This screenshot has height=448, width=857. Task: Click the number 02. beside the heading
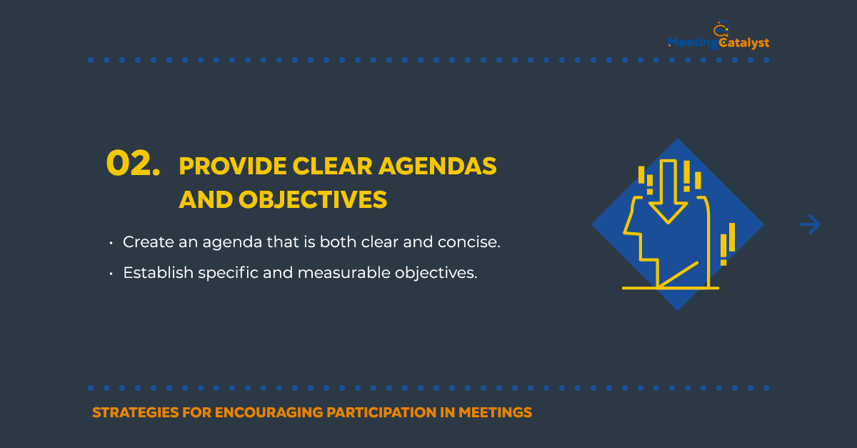[x=133, y=164]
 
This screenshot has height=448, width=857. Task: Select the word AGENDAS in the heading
[x=438, y=166]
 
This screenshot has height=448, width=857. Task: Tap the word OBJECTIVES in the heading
[x=313, y=199]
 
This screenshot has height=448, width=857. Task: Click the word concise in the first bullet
[x=469, y=242]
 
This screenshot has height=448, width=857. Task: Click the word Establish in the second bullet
[x=159, y=273]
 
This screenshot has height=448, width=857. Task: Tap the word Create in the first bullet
[x=148, y=242]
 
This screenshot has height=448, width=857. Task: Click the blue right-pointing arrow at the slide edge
[x=810, y=224]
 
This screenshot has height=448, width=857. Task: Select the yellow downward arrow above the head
[x=668, y=191]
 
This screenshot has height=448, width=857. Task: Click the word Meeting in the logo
[x=693, y=42]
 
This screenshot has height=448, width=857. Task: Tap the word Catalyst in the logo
[x=744, y=42]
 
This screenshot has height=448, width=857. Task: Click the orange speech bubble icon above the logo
[x=721, y=29]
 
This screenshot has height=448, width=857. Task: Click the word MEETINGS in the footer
[x=495, y=412]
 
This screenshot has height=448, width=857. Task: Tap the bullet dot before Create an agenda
[x=111, y=243]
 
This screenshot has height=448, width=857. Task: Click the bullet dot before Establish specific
[x=111, y=274]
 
